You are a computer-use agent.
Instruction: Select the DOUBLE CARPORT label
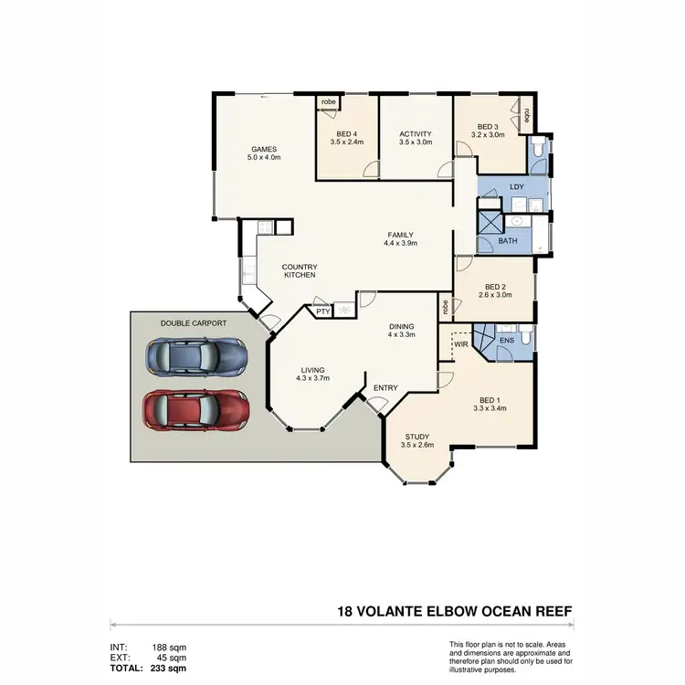tap(193, 323)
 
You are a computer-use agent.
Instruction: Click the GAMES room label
tap(264, 150)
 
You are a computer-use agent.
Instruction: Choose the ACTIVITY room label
tap(415, 134)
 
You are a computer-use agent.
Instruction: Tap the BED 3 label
tap(485, 126)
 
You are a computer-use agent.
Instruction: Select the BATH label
tap(508, 241)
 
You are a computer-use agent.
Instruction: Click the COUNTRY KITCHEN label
tap(299, 270)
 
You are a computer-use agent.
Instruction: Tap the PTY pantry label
tap(321, 311)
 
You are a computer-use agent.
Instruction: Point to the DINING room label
tap(401, 326)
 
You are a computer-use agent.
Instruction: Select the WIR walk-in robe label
tap(460, 344)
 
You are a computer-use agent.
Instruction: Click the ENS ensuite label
tap(507, 341)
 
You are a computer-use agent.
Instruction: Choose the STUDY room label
tap(416, 437)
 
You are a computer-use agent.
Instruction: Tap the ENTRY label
tap(385, 388)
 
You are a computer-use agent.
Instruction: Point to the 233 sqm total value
tap(169, 668)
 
